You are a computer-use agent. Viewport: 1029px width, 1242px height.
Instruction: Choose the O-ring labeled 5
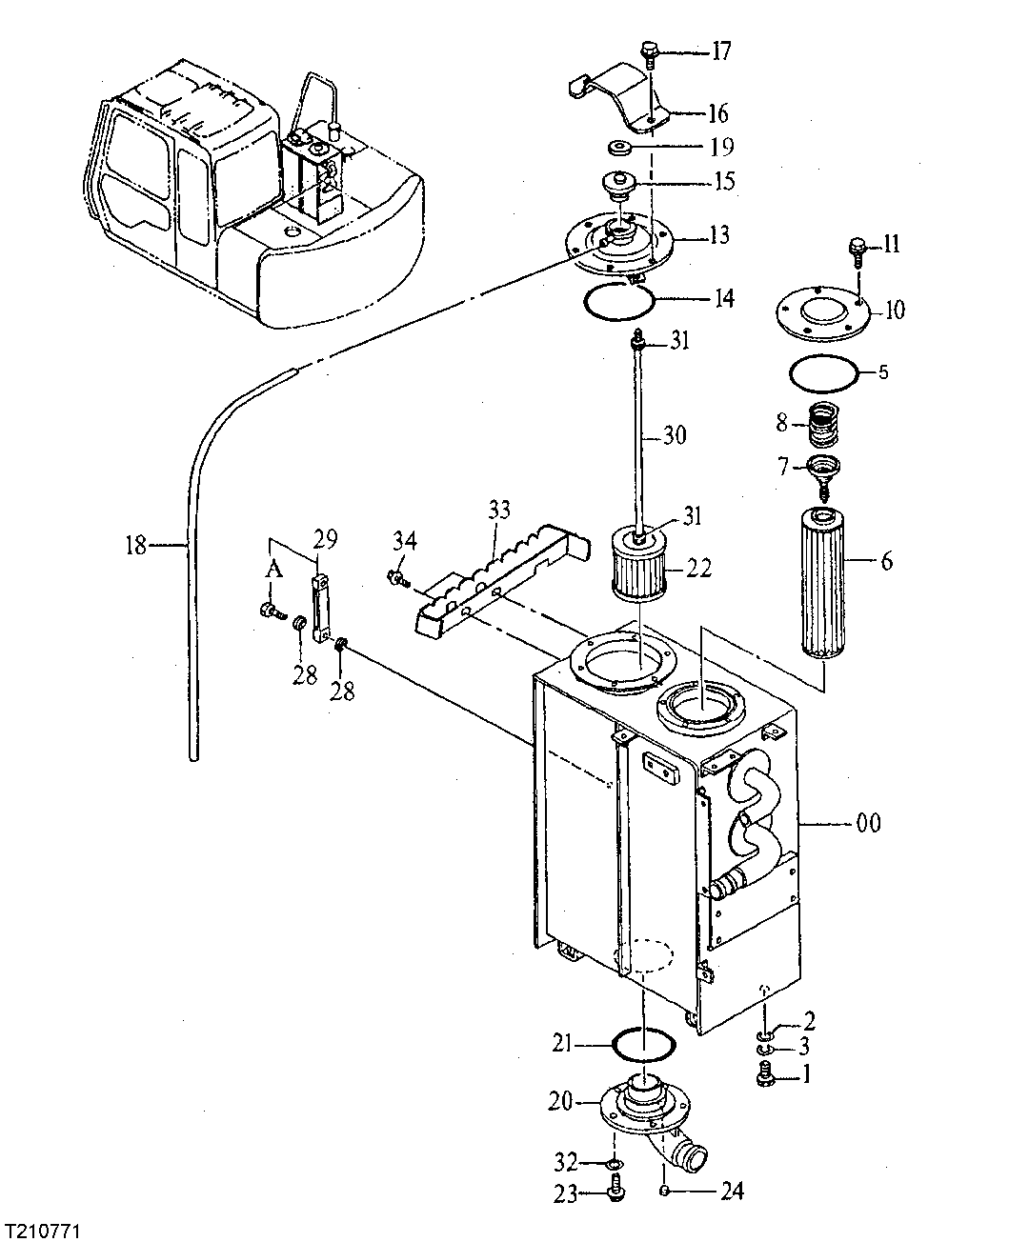point(825,372)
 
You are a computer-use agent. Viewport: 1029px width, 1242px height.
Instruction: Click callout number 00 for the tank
point(868,822)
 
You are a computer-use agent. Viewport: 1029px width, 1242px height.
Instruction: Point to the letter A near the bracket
point(273,570)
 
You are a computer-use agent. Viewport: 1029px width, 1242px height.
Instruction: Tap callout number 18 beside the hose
point(136,545)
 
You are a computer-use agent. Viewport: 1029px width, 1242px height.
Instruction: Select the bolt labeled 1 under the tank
point(763,1078)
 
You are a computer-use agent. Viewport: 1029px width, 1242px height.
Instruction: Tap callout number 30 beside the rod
point(674,436)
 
